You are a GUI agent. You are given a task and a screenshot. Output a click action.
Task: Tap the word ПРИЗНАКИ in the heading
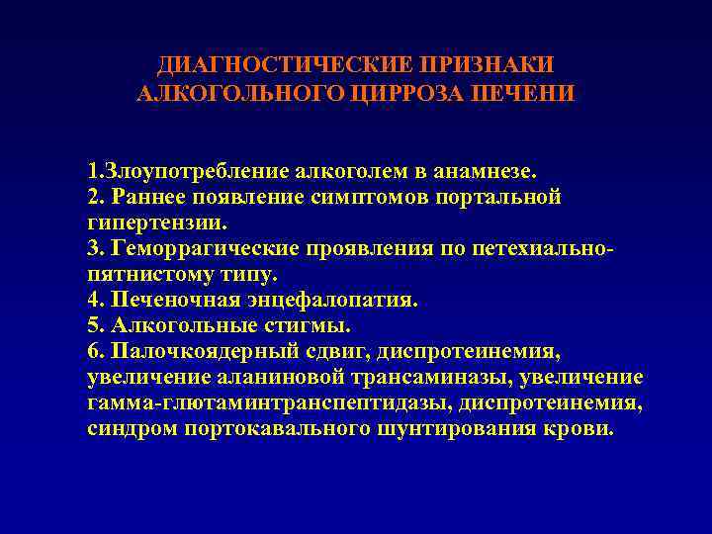488,64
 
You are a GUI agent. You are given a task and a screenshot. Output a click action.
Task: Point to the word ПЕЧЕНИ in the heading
520,93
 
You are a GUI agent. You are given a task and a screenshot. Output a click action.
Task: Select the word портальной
503,196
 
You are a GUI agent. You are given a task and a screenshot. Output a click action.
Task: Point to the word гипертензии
147,222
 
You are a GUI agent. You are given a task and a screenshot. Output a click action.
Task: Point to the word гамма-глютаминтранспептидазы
251,403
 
